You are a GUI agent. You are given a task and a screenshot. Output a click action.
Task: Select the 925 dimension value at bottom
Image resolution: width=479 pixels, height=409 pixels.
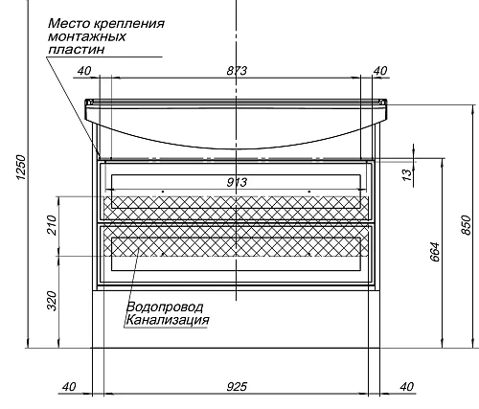[x=238, y=386]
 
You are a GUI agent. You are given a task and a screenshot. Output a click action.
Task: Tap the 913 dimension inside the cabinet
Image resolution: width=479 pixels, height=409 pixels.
[x=237, y=183]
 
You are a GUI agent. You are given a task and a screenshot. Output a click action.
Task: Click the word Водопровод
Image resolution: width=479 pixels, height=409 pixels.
[x=160, y=307]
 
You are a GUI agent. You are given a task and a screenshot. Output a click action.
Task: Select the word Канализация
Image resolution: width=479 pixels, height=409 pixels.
[x=167, y=320]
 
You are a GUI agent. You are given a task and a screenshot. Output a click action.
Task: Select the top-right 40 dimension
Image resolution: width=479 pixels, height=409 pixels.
[x=380, y=70]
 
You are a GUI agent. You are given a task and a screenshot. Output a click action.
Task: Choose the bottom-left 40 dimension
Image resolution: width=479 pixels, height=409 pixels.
[x=68, y=386]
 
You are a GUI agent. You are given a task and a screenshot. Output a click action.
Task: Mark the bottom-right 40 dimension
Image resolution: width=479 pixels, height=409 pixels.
[x=407, y=386]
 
